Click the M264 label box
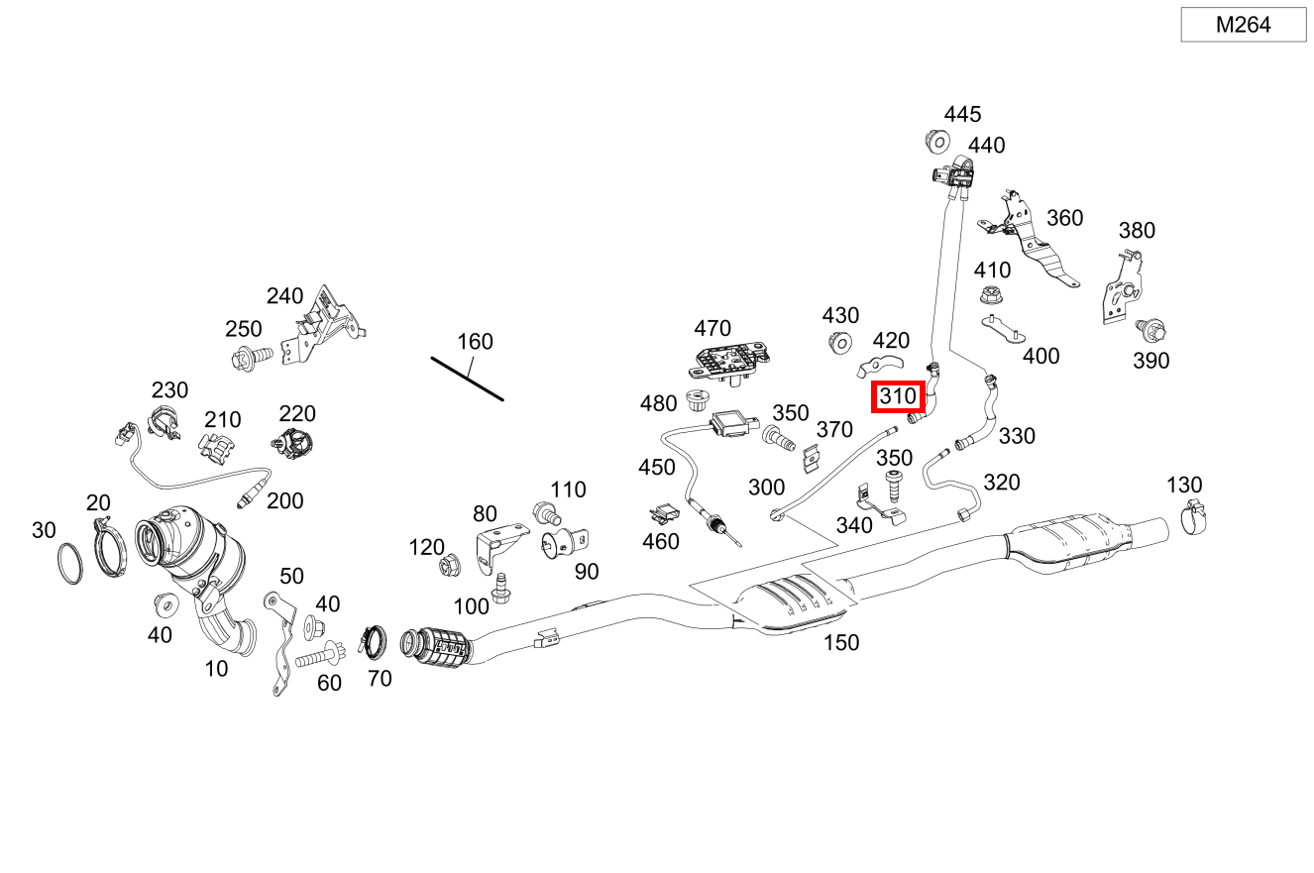click(1243, 25)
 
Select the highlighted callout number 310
click(898, 397)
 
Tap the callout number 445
click(962, 114)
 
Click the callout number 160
click(475, 342)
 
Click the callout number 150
click(840, 643)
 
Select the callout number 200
click(285, 501)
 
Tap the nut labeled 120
click(447, 566)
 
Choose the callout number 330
click(1016, 435)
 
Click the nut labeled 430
click(839, 344)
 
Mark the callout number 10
click(216, 669)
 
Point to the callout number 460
click(661, 541)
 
